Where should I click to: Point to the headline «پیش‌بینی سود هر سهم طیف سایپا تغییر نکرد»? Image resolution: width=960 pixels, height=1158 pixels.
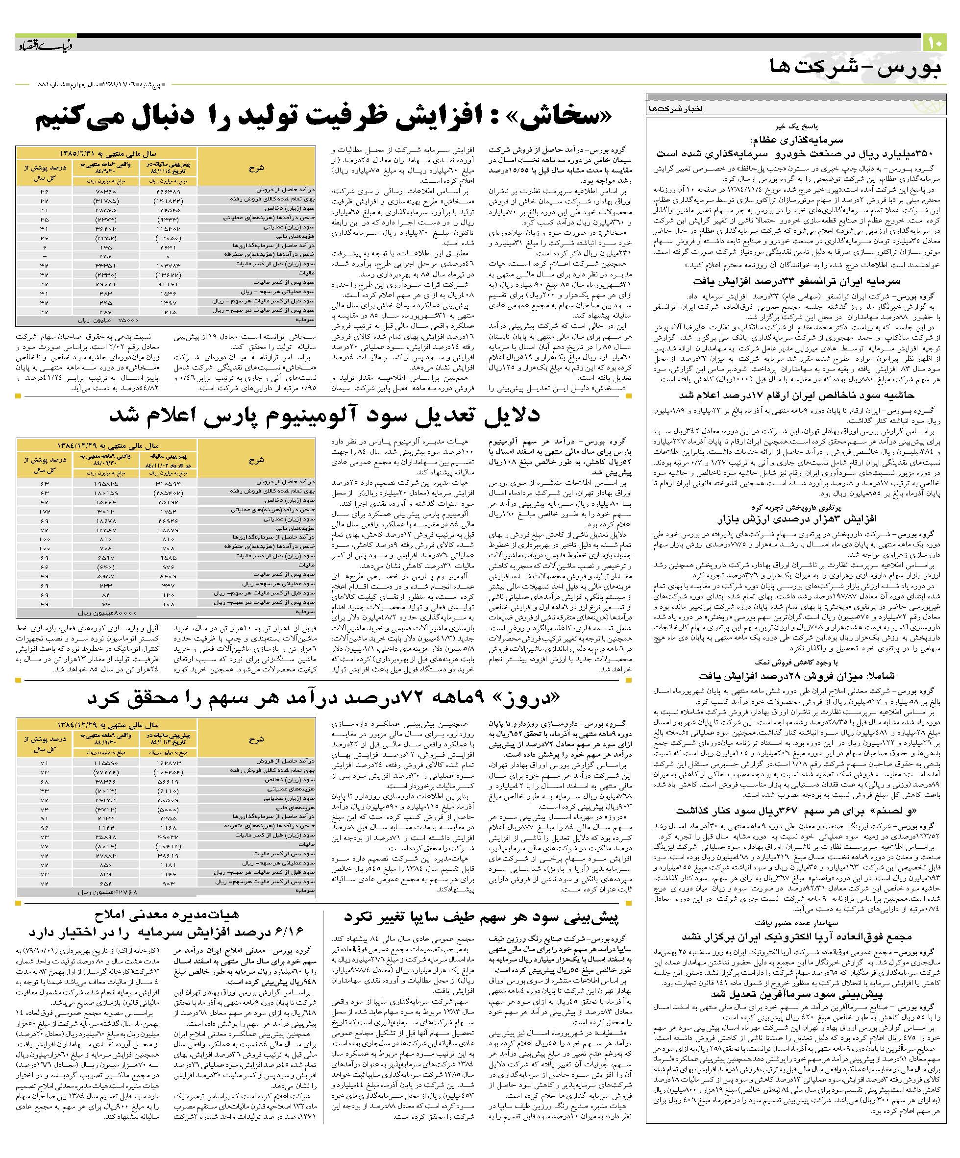[481, 917]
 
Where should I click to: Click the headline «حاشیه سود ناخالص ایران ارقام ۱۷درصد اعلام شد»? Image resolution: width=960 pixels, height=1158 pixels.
[796, 395]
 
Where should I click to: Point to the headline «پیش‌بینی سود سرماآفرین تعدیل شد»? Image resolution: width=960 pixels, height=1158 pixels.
[796, 994]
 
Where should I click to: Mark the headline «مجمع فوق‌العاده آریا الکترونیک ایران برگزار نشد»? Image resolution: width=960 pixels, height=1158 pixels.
[796, 936]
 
